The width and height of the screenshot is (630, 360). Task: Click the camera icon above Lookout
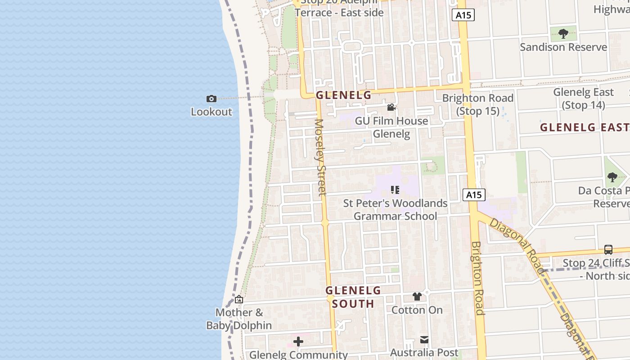click(x=211, y=99)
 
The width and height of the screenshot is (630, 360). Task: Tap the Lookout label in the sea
click(x=211, y=112)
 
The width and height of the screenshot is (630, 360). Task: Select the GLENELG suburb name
click(x=343, y=95)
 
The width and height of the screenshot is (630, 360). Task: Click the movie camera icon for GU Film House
click(x=391, y=108)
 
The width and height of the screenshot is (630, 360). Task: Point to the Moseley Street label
click(x=320, y=157)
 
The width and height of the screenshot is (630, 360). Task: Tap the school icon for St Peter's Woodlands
click(x=395, y=190)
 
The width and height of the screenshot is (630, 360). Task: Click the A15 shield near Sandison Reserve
click(x=463, y=15)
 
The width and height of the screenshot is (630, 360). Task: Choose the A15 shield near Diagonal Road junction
click(x=474, y=195)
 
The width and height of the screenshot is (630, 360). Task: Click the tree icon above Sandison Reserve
click(x=563, y=33)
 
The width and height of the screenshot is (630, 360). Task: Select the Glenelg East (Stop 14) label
click(x=583, y=99)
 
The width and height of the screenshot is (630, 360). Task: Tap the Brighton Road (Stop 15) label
click(x=477, y=104)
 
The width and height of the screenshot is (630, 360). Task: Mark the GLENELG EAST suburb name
click(x=584, y=127)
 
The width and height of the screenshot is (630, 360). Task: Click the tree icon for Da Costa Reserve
click(x=612, y=177)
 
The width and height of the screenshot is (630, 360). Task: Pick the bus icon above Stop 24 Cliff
click(x=608, y=250)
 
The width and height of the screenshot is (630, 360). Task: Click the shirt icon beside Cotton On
click(x=417, y=297)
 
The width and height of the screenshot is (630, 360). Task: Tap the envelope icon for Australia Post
click(x=424, y=339)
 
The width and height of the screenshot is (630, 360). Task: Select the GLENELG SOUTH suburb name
click(x=353, y=297)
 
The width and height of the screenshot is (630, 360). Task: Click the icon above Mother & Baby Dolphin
click(x=239, y=299)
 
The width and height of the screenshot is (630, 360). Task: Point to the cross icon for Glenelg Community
click(x=298, y=342)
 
